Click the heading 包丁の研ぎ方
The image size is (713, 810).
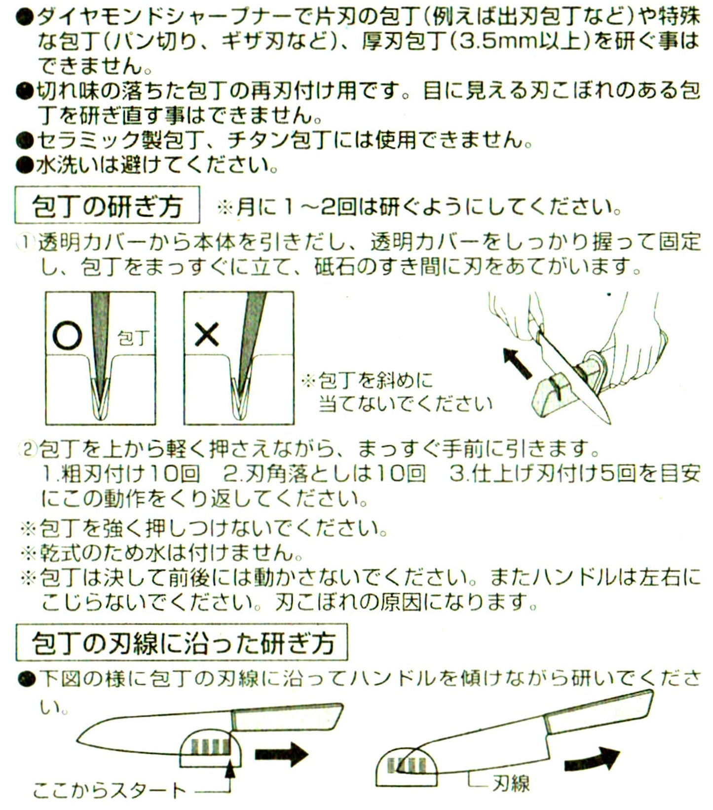(x=107, y=205)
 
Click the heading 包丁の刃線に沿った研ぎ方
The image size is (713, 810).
(x=183, y=643)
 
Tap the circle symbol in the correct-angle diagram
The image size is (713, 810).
(x=67, y=336)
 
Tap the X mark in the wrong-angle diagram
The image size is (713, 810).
(x=206, y=335)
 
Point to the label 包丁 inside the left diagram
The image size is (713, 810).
(x=133, y=339)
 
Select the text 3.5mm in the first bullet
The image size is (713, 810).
(x=492, y=41)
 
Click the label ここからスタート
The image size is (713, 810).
(x=110, y=791)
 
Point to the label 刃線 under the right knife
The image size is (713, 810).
(x=510, y=783)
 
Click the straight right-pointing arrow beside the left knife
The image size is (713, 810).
(x=281, y=754)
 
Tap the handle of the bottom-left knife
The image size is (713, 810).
(x=287, y=717)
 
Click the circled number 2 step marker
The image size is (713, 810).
(x=28, y=450)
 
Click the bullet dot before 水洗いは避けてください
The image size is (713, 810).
(x=24, y=165)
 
